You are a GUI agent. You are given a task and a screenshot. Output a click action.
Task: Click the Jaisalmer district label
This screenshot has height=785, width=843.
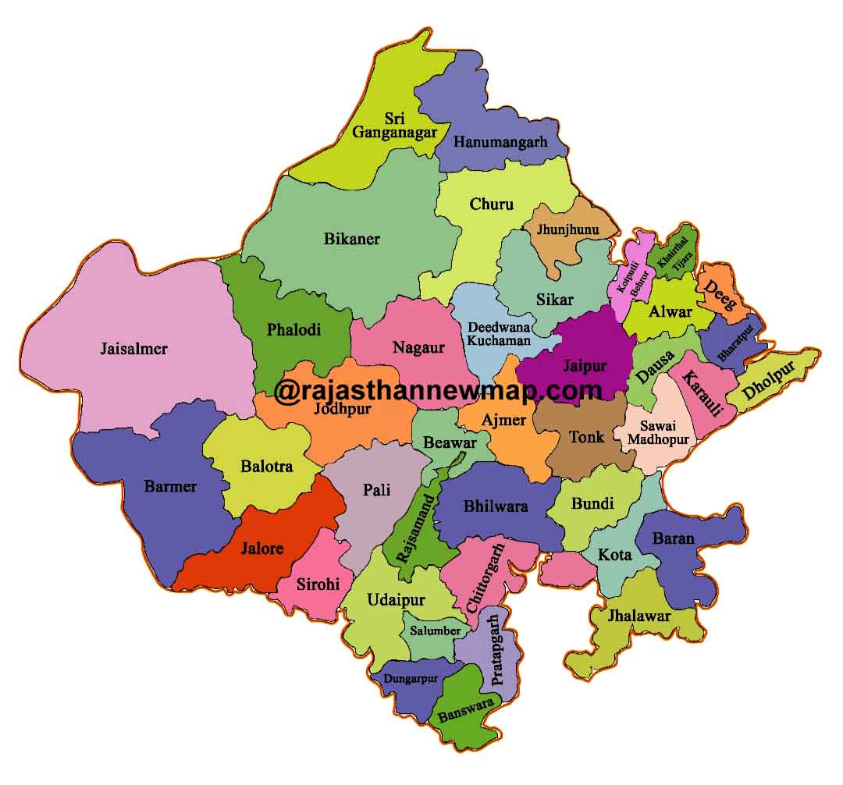(133, 349)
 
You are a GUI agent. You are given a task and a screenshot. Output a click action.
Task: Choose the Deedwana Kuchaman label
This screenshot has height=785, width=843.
(498, 334)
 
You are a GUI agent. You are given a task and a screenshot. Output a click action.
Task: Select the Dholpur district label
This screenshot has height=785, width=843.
(769, 380)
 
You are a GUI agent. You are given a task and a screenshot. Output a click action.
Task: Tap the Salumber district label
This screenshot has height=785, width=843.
(436, 630)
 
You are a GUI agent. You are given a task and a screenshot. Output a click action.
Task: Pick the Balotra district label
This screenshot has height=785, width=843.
(266, 467)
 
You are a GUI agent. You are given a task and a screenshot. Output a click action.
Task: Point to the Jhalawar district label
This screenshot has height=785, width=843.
(641, 616)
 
